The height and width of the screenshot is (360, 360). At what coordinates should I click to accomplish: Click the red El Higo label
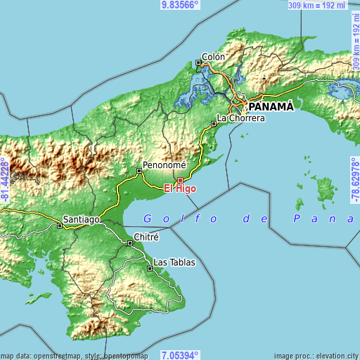pos(180,188)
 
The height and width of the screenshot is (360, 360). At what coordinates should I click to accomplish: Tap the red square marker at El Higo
pos(180,180)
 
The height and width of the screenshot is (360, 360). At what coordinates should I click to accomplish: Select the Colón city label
pos(213,57)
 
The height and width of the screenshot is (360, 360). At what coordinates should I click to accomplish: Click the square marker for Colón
pos(198,63)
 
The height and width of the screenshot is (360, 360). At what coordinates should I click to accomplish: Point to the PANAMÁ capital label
pos(268,105)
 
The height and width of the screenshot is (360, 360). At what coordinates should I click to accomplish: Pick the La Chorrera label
pos(240,118)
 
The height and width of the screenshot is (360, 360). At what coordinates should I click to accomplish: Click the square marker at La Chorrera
pos(214,124)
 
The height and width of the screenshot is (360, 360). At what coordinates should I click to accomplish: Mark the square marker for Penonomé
pos(139,170)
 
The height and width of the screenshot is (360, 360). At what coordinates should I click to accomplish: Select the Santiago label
pos(82,219)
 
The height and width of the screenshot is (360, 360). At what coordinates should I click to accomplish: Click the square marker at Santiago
pos(58,226)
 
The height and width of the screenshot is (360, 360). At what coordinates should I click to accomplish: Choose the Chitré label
pos(146,237)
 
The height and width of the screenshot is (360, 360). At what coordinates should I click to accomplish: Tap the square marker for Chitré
pos(130,243)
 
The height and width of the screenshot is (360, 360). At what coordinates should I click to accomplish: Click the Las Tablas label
pos(174,262)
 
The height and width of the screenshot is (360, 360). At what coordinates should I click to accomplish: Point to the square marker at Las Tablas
pos(149,268)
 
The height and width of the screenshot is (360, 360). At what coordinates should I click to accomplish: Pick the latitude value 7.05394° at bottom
pos(180,355)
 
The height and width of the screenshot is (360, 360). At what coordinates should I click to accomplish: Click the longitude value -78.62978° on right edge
pos(355,179)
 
